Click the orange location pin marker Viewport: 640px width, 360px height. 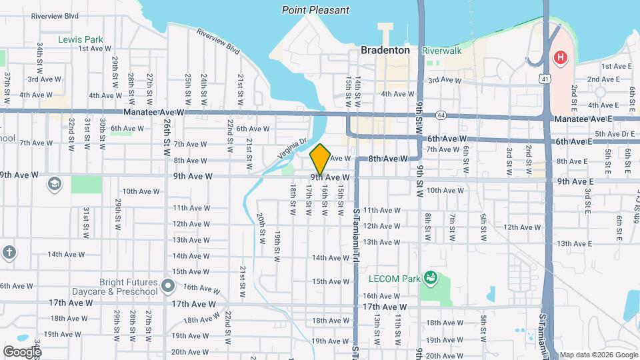(x=320, y=159)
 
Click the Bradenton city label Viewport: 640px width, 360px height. (x=385, y=50)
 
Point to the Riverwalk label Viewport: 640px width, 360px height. (x=441, y=50)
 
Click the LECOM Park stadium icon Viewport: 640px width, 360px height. (x=431, y=277)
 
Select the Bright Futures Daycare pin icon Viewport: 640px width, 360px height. (x=168, y=287)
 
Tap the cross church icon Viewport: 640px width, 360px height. (x=8, y=253)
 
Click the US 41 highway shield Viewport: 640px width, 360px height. (x=546, y=79)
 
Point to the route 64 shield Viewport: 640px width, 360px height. (x=441, y=115)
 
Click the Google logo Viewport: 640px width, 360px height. (x=21, y=351)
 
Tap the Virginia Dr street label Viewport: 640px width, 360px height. (x=293, y=145)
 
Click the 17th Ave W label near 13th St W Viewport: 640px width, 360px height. (x=385, y=307)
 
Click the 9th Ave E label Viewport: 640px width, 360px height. (x=575, y=181)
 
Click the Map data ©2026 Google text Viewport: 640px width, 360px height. (x=597, y=355)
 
